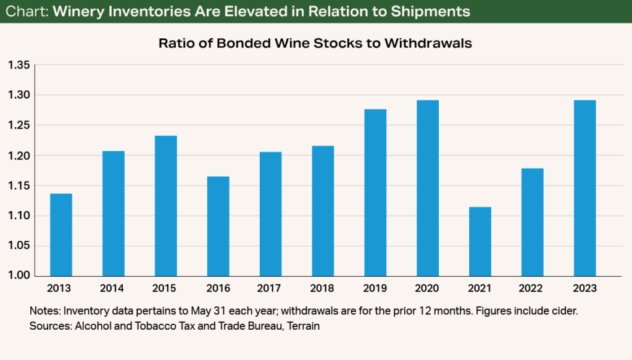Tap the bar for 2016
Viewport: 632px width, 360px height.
218,226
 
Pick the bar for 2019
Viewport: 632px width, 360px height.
375,192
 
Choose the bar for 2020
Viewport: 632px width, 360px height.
428,188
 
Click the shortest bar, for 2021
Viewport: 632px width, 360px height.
480,241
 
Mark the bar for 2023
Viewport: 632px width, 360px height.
584,188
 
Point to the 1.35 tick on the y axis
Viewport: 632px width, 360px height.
19,65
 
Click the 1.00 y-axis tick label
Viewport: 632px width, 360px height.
19,276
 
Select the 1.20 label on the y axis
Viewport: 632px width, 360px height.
19,156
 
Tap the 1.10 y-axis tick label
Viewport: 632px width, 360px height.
19,216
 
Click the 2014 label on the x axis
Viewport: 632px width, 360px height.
113,288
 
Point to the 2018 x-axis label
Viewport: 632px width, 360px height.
323,288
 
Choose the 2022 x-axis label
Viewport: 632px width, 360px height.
532,288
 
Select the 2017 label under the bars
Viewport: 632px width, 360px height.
270,288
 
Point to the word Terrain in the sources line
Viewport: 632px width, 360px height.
303,326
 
